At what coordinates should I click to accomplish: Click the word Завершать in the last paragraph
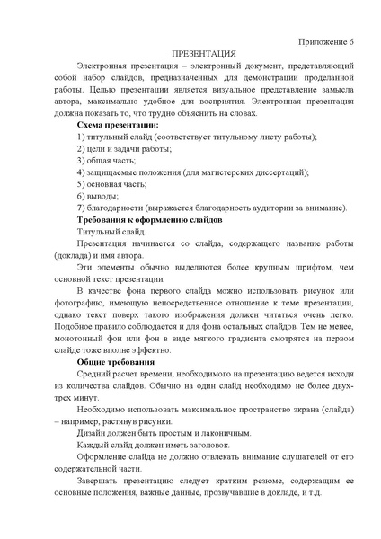coord(101,482)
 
